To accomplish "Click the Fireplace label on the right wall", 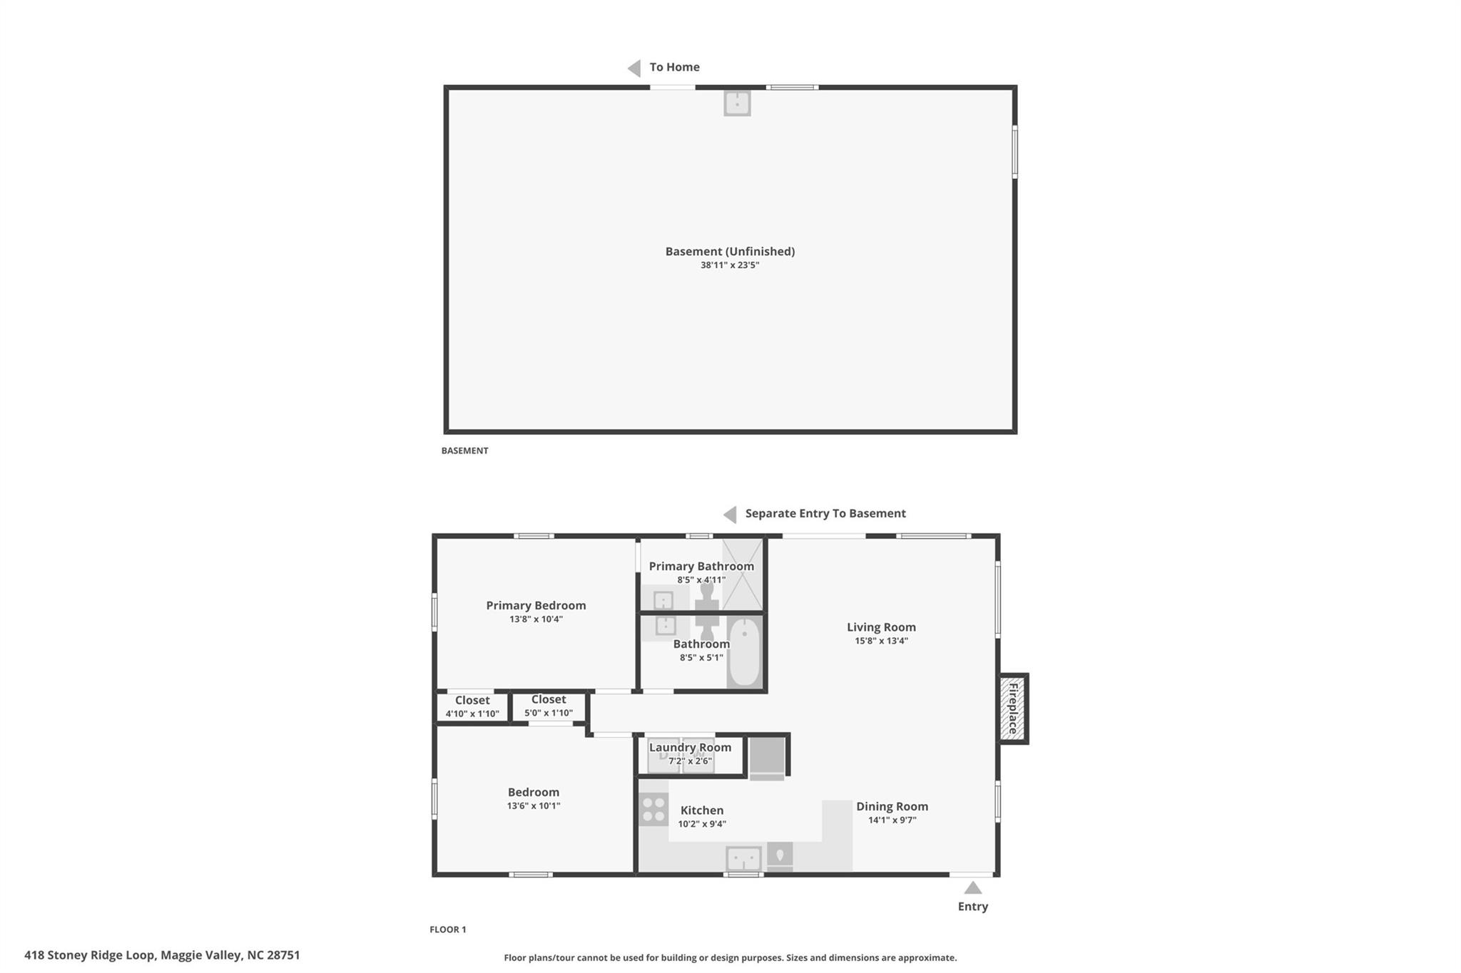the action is [1012, 709].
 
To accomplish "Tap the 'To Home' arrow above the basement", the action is [634, 68].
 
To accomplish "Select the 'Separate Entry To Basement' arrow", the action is [730, 514].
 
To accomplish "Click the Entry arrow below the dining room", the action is [973, 887].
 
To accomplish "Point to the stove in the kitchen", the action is [653, 809].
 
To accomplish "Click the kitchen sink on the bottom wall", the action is [743, 858].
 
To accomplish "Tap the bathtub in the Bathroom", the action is [744, 652].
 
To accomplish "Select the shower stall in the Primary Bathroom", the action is [743, 575].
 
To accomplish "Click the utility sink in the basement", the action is [737, 103].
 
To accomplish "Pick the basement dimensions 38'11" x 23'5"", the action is [730, 265].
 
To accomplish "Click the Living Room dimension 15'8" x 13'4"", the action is [882, 641].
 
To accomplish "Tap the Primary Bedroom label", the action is [536, 605].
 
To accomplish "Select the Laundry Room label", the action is [690, 747].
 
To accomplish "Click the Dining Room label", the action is [892, 806].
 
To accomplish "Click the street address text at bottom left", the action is [162, 955].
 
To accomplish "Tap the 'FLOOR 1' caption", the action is [448, 930].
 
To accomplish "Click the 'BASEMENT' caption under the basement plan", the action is [464, 451].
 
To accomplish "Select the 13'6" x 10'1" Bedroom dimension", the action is [534, 806].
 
